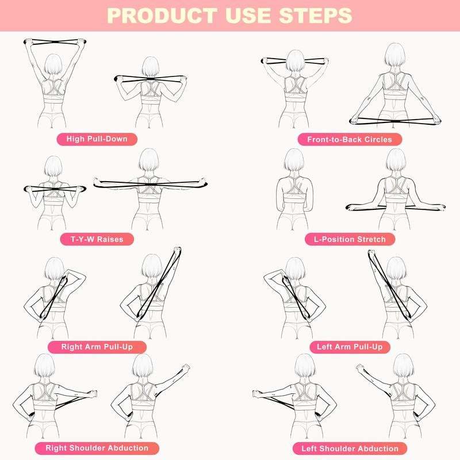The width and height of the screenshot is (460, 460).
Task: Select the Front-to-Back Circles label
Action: click(x=350, y=139)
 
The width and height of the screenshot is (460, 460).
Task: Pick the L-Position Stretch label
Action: click(x=354, y=239)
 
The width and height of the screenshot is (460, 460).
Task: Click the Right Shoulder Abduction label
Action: click(x=105, y=447)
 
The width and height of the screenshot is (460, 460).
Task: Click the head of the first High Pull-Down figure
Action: click(x=52, y=64)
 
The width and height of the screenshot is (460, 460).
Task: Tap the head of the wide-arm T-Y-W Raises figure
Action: click(x=148, y=159)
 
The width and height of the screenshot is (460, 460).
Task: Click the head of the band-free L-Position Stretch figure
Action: click(x=293, y=159)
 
